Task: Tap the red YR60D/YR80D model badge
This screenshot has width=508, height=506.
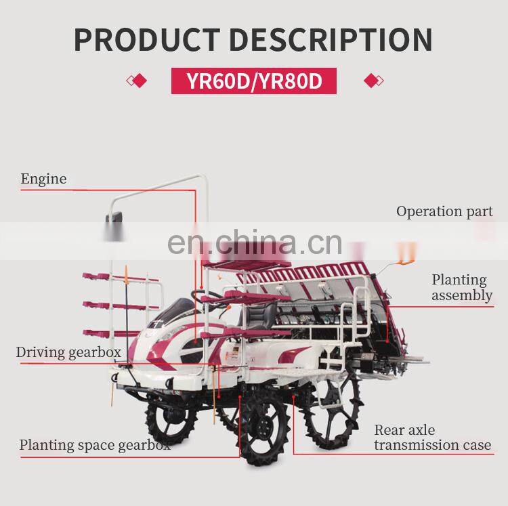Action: point(254,82)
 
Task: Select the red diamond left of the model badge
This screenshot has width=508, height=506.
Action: point(138,81)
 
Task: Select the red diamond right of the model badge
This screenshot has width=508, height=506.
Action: point(372,81)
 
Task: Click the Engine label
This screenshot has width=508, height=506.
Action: point(43,179)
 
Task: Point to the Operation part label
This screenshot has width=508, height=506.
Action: point(444,211)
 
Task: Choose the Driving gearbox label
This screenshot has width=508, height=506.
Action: point(68,352)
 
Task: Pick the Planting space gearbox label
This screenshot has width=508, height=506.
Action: point(95,445)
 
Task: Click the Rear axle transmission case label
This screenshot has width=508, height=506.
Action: point(432,438)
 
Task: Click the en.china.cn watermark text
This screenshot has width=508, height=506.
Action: point(254,242)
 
